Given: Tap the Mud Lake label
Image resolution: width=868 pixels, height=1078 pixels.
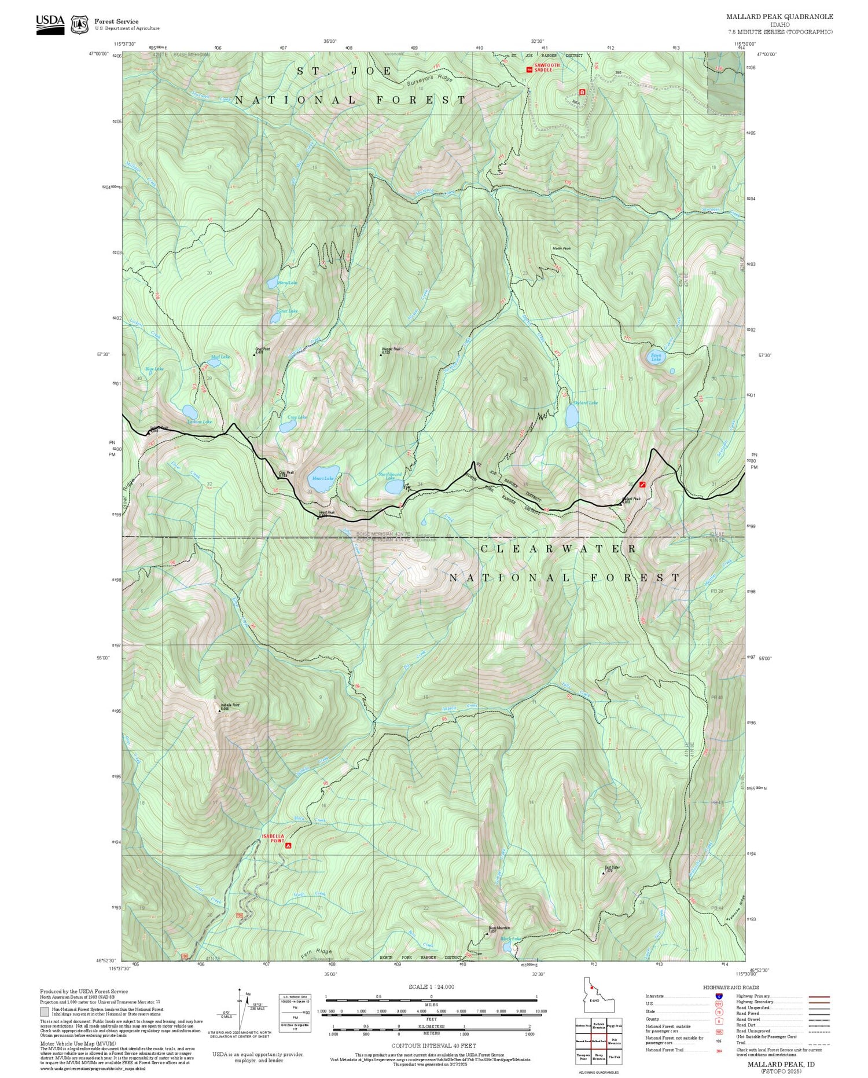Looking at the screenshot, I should (x=220, y=357).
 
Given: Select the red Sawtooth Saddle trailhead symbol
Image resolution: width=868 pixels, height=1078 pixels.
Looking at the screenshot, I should (x=529, y=69).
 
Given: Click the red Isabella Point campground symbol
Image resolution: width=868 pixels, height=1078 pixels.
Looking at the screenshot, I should (x=288, y=846).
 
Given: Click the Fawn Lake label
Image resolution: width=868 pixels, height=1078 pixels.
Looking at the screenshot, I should (x=656, y=357).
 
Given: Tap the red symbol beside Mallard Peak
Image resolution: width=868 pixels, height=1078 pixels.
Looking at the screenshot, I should (x=642, y=483).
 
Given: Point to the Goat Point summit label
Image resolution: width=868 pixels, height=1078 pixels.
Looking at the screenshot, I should (x=263, y=350).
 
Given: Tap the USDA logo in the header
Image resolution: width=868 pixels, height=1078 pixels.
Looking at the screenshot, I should (x=50, y=24).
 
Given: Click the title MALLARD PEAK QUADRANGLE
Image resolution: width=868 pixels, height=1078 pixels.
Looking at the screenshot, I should (x=779, y=17).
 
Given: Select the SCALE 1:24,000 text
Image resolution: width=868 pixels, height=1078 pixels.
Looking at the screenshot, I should (x=431, y=987).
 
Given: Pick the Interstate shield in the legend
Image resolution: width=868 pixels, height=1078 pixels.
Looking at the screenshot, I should (x=719, y=996).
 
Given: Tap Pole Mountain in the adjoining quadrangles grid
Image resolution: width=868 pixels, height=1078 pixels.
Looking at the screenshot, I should (x=615, y=1040).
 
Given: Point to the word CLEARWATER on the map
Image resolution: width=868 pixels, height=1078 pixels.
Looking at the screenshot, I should (x=558, y=548).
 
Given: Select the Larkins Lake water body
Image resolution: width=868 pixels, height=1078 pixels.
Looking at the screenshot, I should (x=190, y=412).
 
